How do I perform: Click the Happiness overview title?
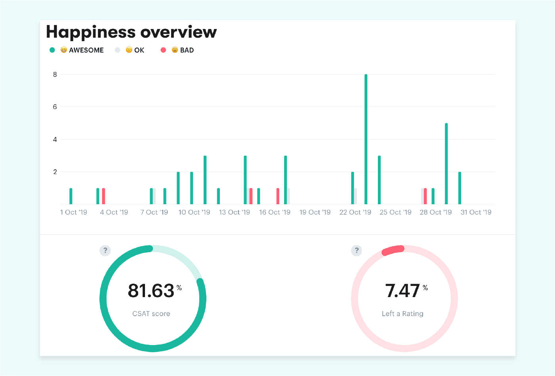[131, 32]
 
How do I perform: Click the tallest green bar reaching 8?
[366, 139]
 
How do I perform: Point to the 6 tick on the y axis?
[55, 107]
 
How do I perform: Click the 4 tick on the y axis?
[55, 139]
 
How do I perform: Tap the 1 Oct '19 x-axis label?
[74, 212]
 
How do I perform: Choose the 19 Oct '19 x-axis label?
[315, 212]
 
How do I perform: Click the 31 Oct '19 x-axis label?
[476, 212]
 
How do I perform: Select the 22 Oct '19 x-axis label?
[355, 212]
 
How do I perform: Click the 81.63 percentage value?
[151, 291]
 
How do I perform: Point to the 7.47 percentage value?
[402, 291]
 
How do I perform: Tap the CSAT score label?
[151, 314]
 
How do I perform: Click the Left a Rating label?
[402, 314]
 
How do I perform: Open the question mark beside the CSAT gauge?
[105, 250]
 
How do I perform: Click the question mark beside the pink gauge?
[357, 250]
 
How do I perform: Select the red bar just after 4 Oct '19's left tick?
[103, 196]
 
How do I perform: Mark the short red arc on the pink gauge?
[393, 250]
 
